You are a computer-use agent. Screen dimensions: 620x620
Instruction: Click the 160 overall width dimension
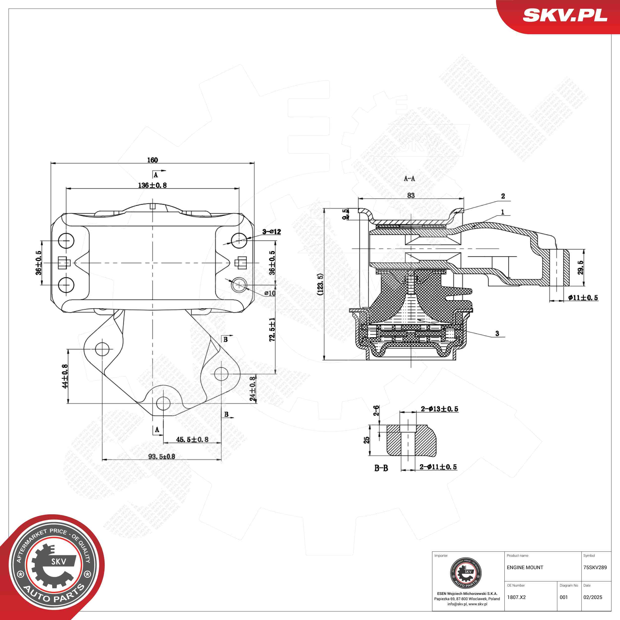click(x=153, y=160)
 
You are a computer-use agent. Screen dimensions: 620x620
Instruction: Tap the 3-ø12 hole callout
click(x=272, y=231)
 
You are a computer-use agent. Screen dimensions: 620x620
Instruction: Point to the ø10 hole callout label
click(x=270, y=293)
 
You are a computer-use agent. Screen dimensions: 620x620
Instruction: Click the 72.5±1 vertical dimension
click(x=272, y=329)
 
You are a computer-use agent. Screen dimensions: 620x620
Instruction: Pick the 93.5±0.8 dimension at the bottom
click(x=161, y=456)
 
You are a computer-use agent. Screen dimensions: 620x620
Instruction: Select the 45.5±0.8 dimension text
click(x=192, y=439)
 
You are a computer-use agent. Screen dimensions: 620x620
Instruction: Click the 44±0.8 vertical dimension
click(x=64, y=376)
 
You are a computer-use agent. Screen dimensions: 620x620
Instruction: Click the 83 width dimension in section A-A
click(x=411, y=195)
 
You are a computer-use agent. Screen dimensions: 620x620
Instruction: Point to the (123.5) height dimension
click(x=320, y=284)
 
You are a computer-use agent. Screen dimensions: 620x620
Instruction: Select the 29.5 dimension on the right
click(x=581, y=267)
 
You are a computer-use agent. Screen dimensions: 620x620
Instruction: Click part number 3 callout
click(x=497, y=333)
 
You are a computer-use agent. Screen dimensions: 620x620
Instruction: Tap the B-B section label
click(x=381, y=468)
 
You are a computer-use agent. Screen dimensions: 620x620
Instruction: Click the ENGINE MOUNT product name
click(x=525, y=567)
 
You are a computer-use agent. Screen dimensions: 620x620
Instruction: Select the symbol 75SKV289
click(x=595, y=567)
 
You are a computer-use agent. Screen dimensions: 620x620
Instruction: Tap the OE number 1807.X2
click(x=516, y=597)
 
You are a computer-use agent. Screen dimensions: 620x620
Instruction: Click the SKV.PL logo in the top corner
click(x=565, y=15)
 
